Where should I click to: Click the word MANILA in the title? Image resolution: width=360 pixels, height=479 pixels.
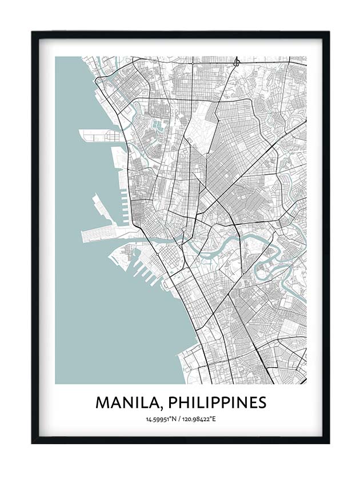124,402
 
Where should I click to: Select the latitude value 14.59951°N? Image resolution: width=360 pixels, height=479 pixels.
162,420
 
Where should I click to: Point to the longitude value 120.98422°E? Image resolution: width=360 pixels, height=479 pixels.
198,420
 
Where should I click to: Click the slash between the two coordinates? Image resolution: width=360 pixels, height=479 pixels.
179,420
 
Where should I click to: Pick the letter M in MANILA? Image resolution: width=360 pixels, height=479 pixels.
102,402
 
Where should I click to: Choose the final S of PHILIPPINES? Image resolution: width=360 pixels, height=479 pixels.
262,402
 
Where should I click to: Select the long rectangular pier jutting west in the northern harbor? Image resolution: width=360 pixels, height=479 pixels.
97,136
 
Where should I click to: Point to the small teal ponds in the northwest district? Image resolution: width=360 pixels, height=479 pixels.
157,124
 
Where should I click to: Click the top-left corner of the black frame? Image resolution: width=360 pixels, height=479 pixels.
33,33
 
